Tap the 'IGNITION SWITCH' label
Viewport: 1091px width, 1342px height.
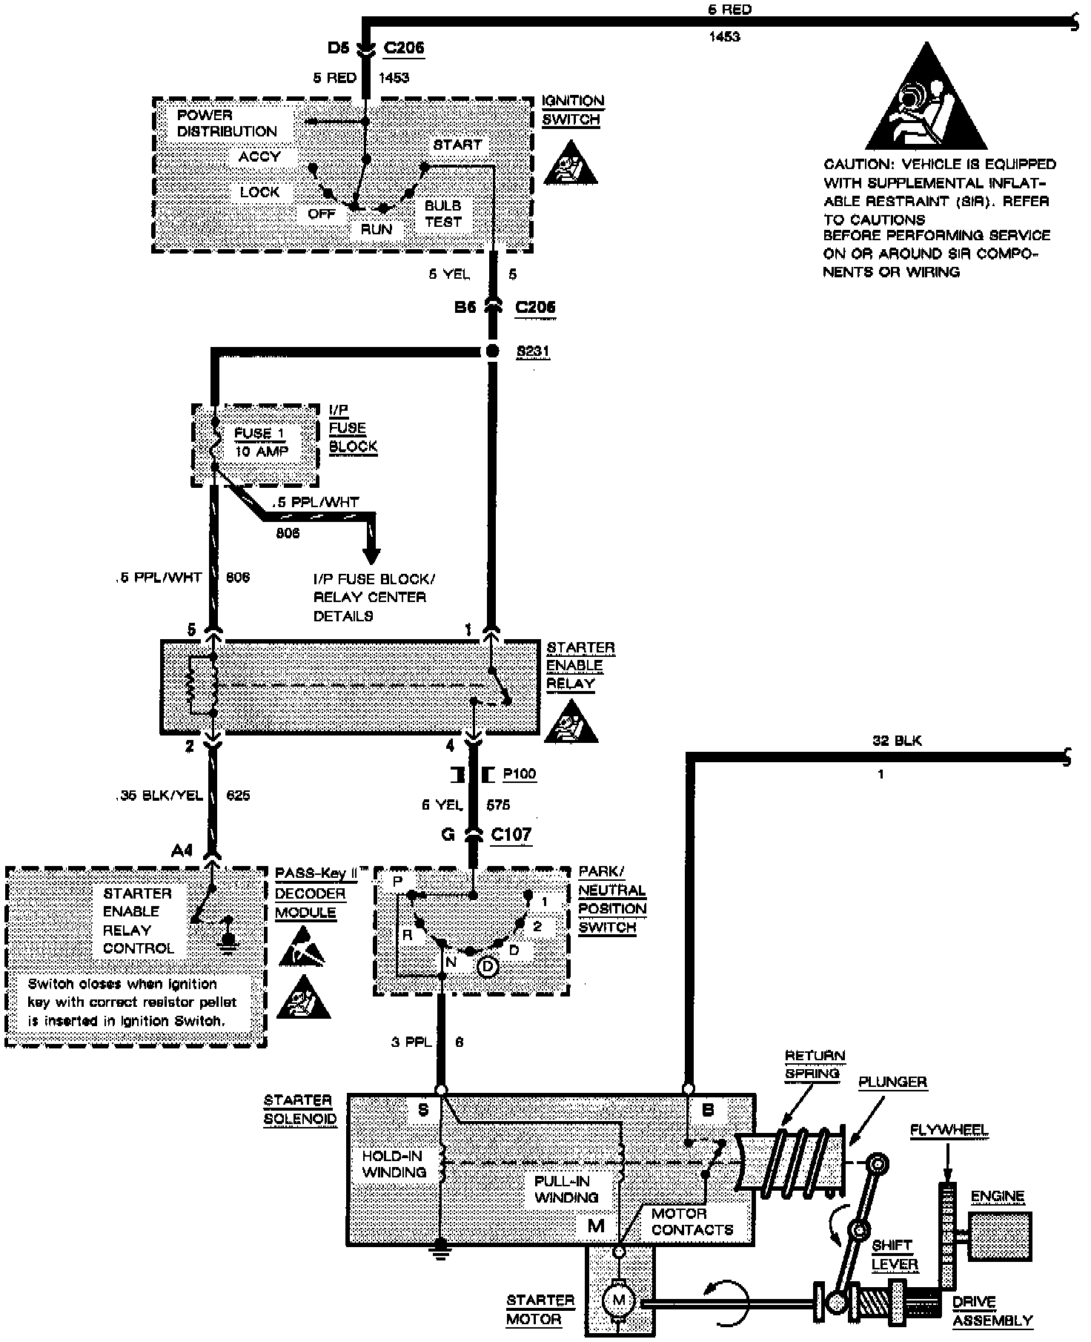(572, 110)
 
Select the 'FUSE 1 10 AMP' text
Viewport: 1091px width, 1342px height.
(261, 442)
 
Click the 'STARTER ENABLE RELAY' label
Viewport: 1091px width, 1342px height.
(580, 665)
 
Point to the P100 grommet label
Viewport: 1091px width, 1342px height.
(519, 774)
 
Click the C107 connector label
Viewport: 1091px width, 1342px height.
(511, 834)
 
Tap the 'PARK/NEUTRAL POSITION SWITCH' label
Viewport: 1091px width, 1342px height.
(611, 899)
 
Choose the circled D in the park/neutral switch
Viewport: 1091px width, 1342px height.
(487, 966)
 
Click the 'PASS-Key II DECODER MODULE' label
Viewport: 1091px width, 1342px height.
(314, 893)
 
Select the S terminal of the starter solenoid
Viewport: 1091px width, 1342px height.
(441, 1090)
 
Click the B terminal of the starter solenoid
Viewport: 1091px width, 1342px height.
(689, 1089)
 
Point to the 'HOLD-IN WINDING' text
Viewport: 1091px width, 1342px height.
(394, 1163)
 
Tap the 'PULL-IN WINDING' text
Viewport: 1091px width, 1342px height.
(566, 1189)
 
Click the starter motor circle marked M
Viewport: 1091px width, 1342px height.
(620, 1299)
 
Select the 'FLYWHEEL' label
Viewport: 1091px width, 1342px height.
(949, 1130)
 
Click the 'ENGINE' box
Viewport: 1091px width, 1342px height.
(999, 1236)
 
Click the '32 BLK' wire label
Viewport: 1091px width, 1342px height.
(897, 740)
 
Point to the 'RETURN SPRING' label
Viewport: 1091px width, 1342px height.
(814, 1064)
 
